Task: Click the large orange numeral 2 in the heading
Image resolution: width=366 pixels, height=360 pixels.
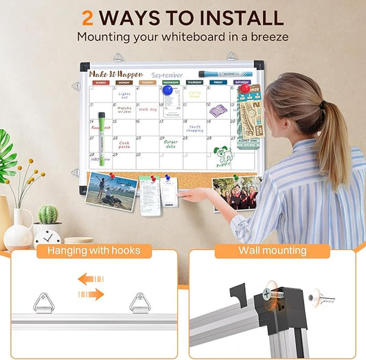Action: (x=89, y=17)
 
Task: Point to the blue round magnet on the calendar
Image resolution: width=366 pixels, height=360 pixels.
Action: (x=167, y=90)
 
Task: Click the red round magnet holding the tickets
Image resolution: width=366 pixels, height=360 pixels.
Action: (x=244, y=89)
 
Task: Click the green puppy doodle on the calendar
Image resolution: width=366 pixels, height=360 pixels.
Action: (x=222, y=157)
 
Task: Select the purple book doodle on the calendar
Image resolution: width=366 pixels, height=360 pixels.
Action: (x=218, y=110)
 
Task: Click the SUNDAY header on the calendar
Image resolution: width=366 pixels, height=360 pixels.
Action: (x=101, y=82)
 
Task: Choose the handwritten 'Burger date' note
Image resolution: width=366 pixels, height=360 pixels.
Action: (x=170, y=144)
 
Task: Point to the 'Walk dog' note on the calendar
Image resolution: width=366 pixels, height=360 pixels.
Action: (x=148, y=109)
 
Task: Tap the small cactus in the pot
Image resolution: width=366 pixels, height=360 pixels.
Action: (x=48, y=215)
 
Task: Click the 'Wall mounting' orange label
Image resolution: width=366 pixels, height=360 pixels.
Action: (x=272, y=251)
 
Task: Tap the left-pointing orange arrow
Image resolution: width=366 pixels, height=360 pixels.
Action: (x=90, y=279)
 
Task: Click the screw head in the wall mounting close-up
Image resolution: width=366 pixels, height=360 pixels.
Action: (x=266, y=295)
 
